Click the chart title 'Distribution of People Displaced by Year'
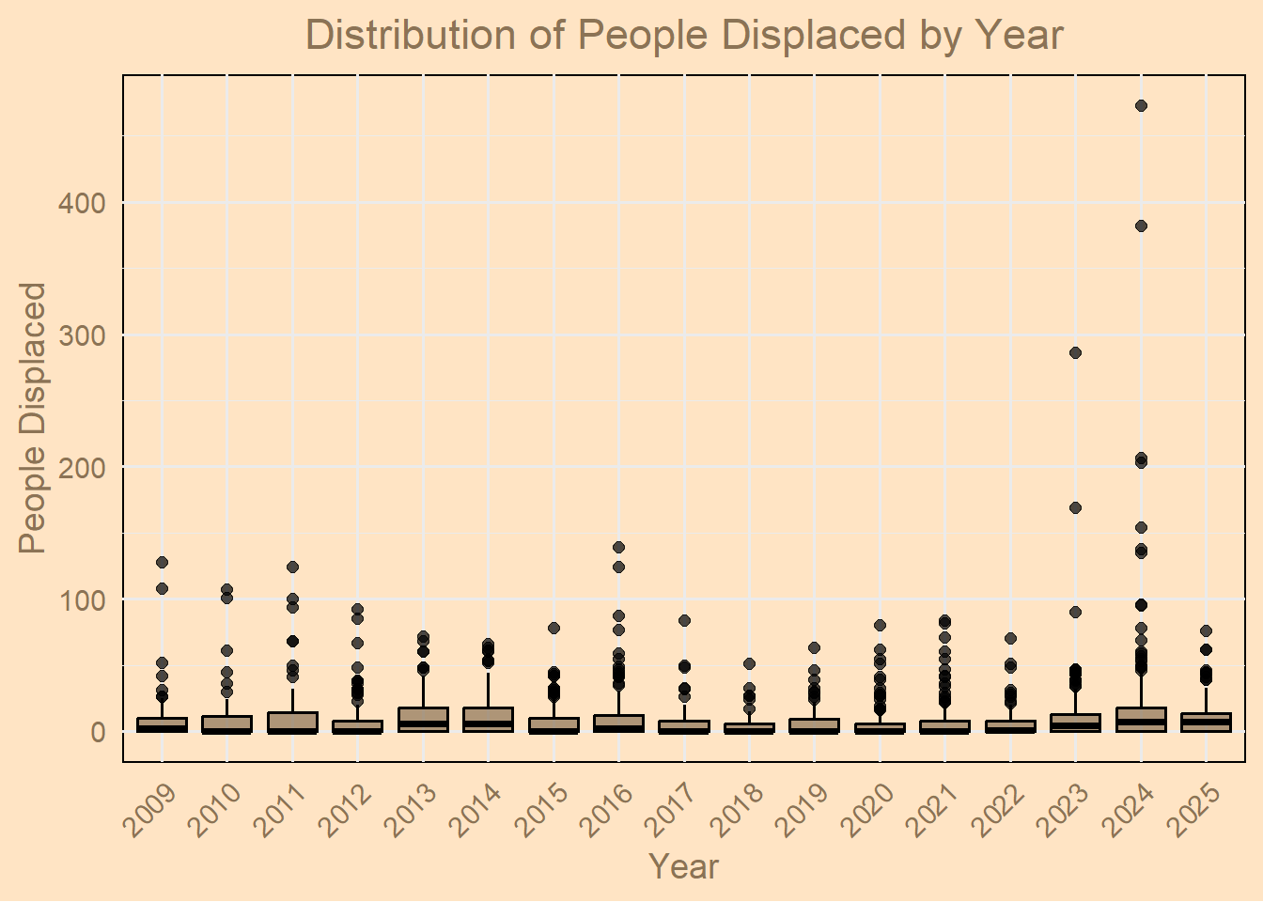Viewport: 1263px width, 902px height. pos(684,36)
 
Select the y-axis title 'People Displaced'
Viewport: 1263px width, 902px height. pos(33,418)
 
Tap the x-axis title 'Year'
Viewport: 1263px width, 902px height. pos(684,865)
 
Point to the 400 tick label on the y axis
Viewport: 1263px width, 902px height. pos(83,204)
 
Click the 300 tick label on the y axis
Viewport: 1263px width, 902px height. pos(83,336)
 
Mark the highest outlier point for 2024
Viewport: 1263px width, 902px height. pos(1141,106)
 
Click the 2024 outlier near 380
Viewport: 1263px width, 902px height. pos(1141,226)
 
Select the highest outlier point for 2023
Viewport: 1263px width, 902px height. pos(1075,353)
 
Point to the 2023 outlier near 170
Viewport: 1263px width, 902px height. pos(1075,508)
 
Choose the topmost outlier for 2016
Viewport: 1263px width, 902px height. pos(618,548)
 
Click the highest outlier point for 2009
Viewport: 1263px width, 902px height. pos(162,563)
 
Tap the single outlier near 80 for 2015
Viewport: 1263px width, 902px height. pos(554,629)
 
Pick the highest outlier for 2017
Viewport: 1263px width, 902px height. pos(684,621)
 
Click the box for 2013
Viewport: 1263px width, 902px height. pos(423,719)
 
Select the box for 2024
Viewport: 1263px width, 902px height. pos(1141,719)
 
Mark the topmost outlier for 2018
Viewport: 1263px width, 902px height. pos(749,664)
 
